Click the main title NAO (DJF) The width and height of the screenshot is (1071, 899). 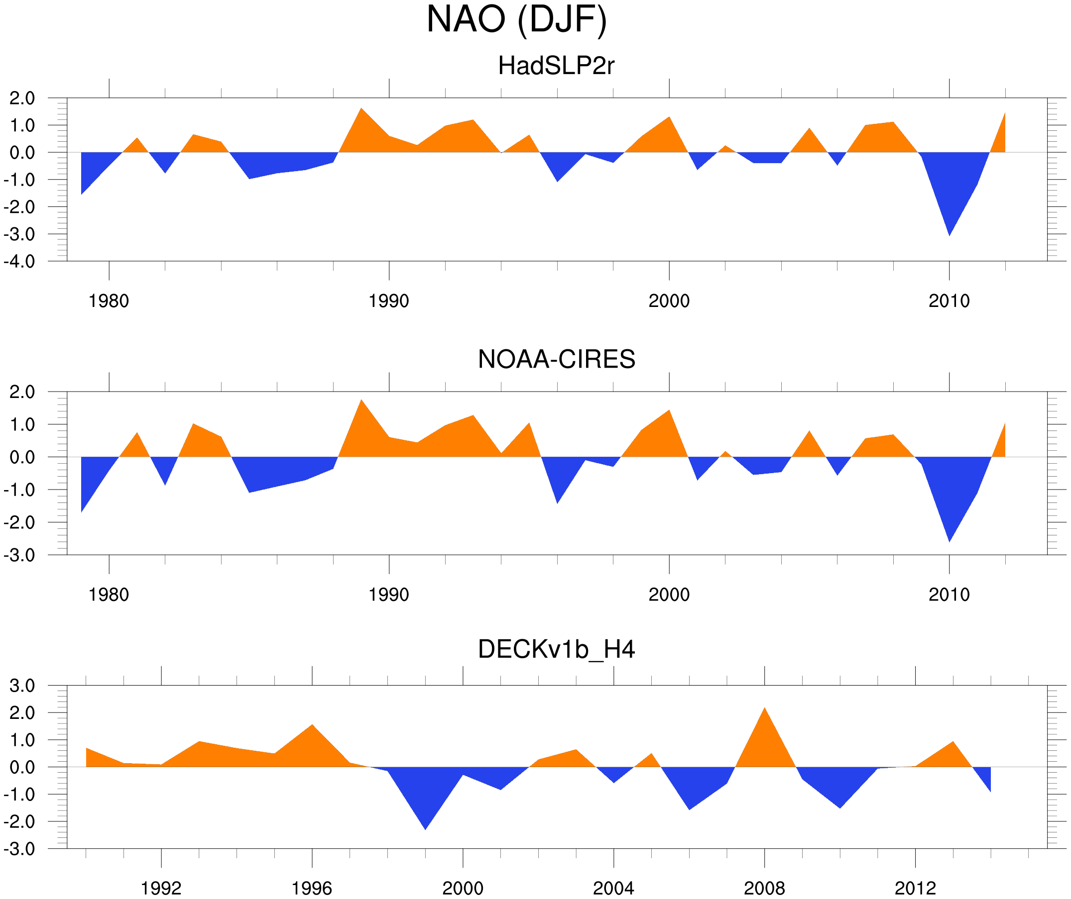click(x=516, y=19)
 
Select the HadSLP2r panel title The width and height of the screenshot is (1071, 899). click(x=556, y=66)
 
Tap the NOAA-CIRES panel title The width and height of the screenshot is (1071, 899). click(x=556, y=359)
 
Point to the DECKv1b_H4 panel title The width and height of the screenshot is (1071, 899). click(x=556, y=649)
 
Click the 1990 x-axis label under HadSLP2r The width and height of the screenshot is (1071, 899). click(x=389, y=301)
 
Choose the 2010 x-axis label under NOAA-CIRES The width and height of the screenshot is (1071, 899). click(x=949, y=595)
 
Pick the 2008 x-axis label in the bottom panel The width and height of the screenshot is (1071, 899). click(x=764, y=888)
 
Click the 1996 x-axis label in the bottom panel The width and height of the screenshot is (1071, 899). click(x=312, y=888)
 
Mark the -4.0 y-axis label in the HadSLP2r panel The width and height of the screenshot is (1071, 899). click(x=19, y=262)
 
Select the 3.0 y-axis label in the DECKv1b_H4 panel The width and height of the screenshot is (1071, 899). click(x=22, y=686)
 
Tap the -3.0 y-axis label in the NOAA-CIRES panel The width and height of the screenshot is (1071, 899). click(x=19, y=556)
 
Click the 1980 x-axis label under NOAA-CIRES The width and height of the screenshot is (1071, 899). click(x=109, y=595)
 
